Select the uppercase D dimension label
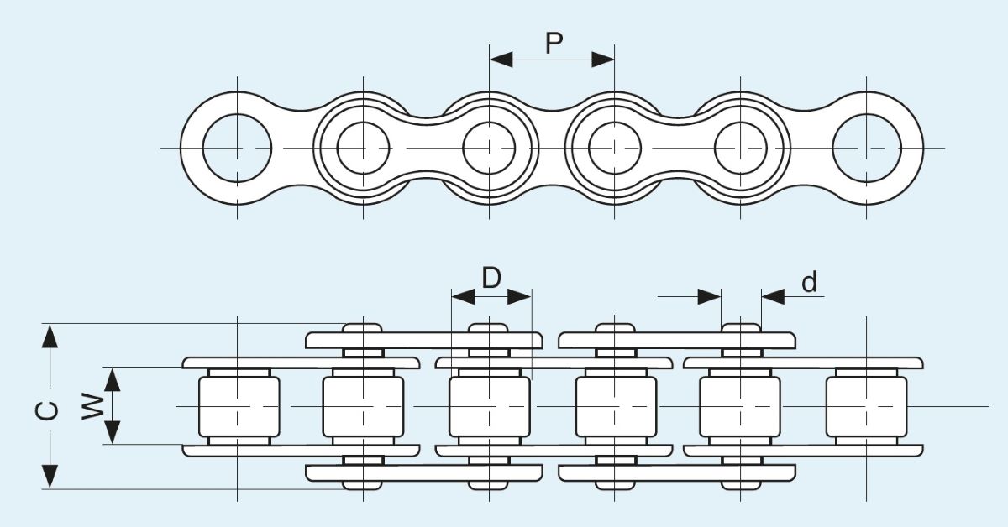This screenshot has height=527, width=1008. pos(491,277)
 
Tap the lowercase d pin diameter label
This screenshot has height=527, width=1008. pos(809,283)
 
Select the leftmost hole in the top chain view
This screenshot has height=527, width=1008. pos(237,149)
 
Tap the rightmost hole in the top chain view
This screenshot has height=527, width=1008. pos(867,149)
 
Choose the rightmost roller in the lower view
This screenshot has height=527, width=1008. pos(866,406)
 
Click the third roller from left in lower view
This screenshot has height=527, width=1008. pos(490,406)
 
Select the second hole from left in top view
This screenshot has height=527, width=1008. pos(363,149)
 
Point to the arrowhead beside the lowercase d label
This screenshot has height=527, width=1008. pos(773,296)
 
